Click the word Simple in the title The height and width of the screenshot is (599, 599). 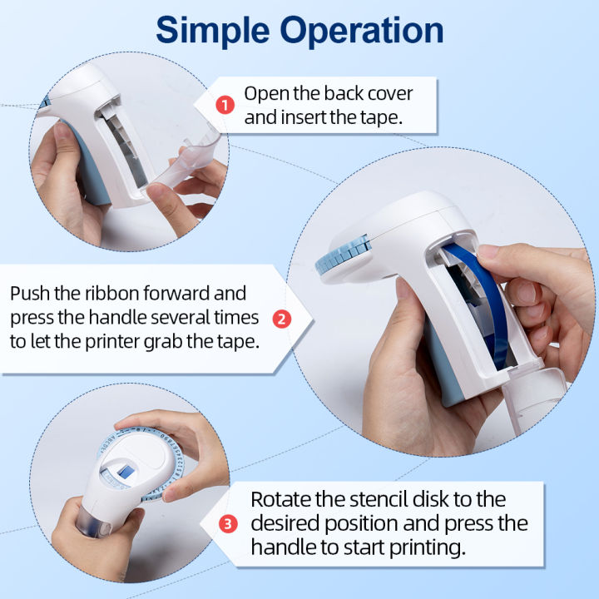coord(213,32)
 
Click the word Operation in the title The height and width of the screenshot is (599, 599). coord(361,32)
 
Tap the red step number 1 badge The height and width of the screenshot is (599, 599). coord(225,105)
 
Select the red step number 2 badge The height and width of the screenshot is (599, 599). coord(282,319)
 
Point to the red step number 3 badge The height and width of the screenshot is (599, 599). coord(228,524)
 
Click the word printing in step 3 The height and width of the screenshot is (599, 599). coord(428,547)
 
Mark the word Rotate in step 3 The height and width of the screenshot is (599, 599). coord(281,499)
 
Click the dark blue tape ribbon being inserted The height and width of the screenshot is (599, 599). coord(482,305)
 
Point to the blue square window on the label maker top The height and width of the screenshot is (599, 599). coord(126,472)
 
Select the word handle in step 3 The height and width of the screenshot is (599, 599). coord(284,547)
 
